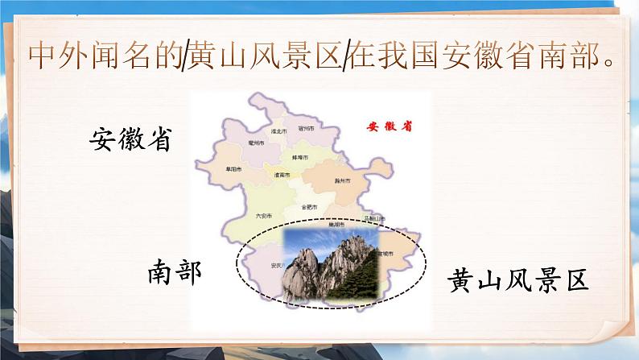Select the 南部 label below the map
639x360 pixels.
coord(174,273)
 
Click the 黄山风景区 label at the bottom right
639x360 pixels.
coord(518,280)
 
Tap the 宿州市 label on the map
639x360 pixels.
coord(306,127)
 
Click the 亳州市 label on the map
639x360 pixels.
coord(257,143)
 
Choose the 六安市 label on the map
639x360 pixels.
coord(263,215)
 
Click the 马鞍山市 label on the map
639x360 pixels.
coord(373,217)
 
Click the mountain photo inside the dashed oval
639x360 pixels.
coord(330,264)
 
